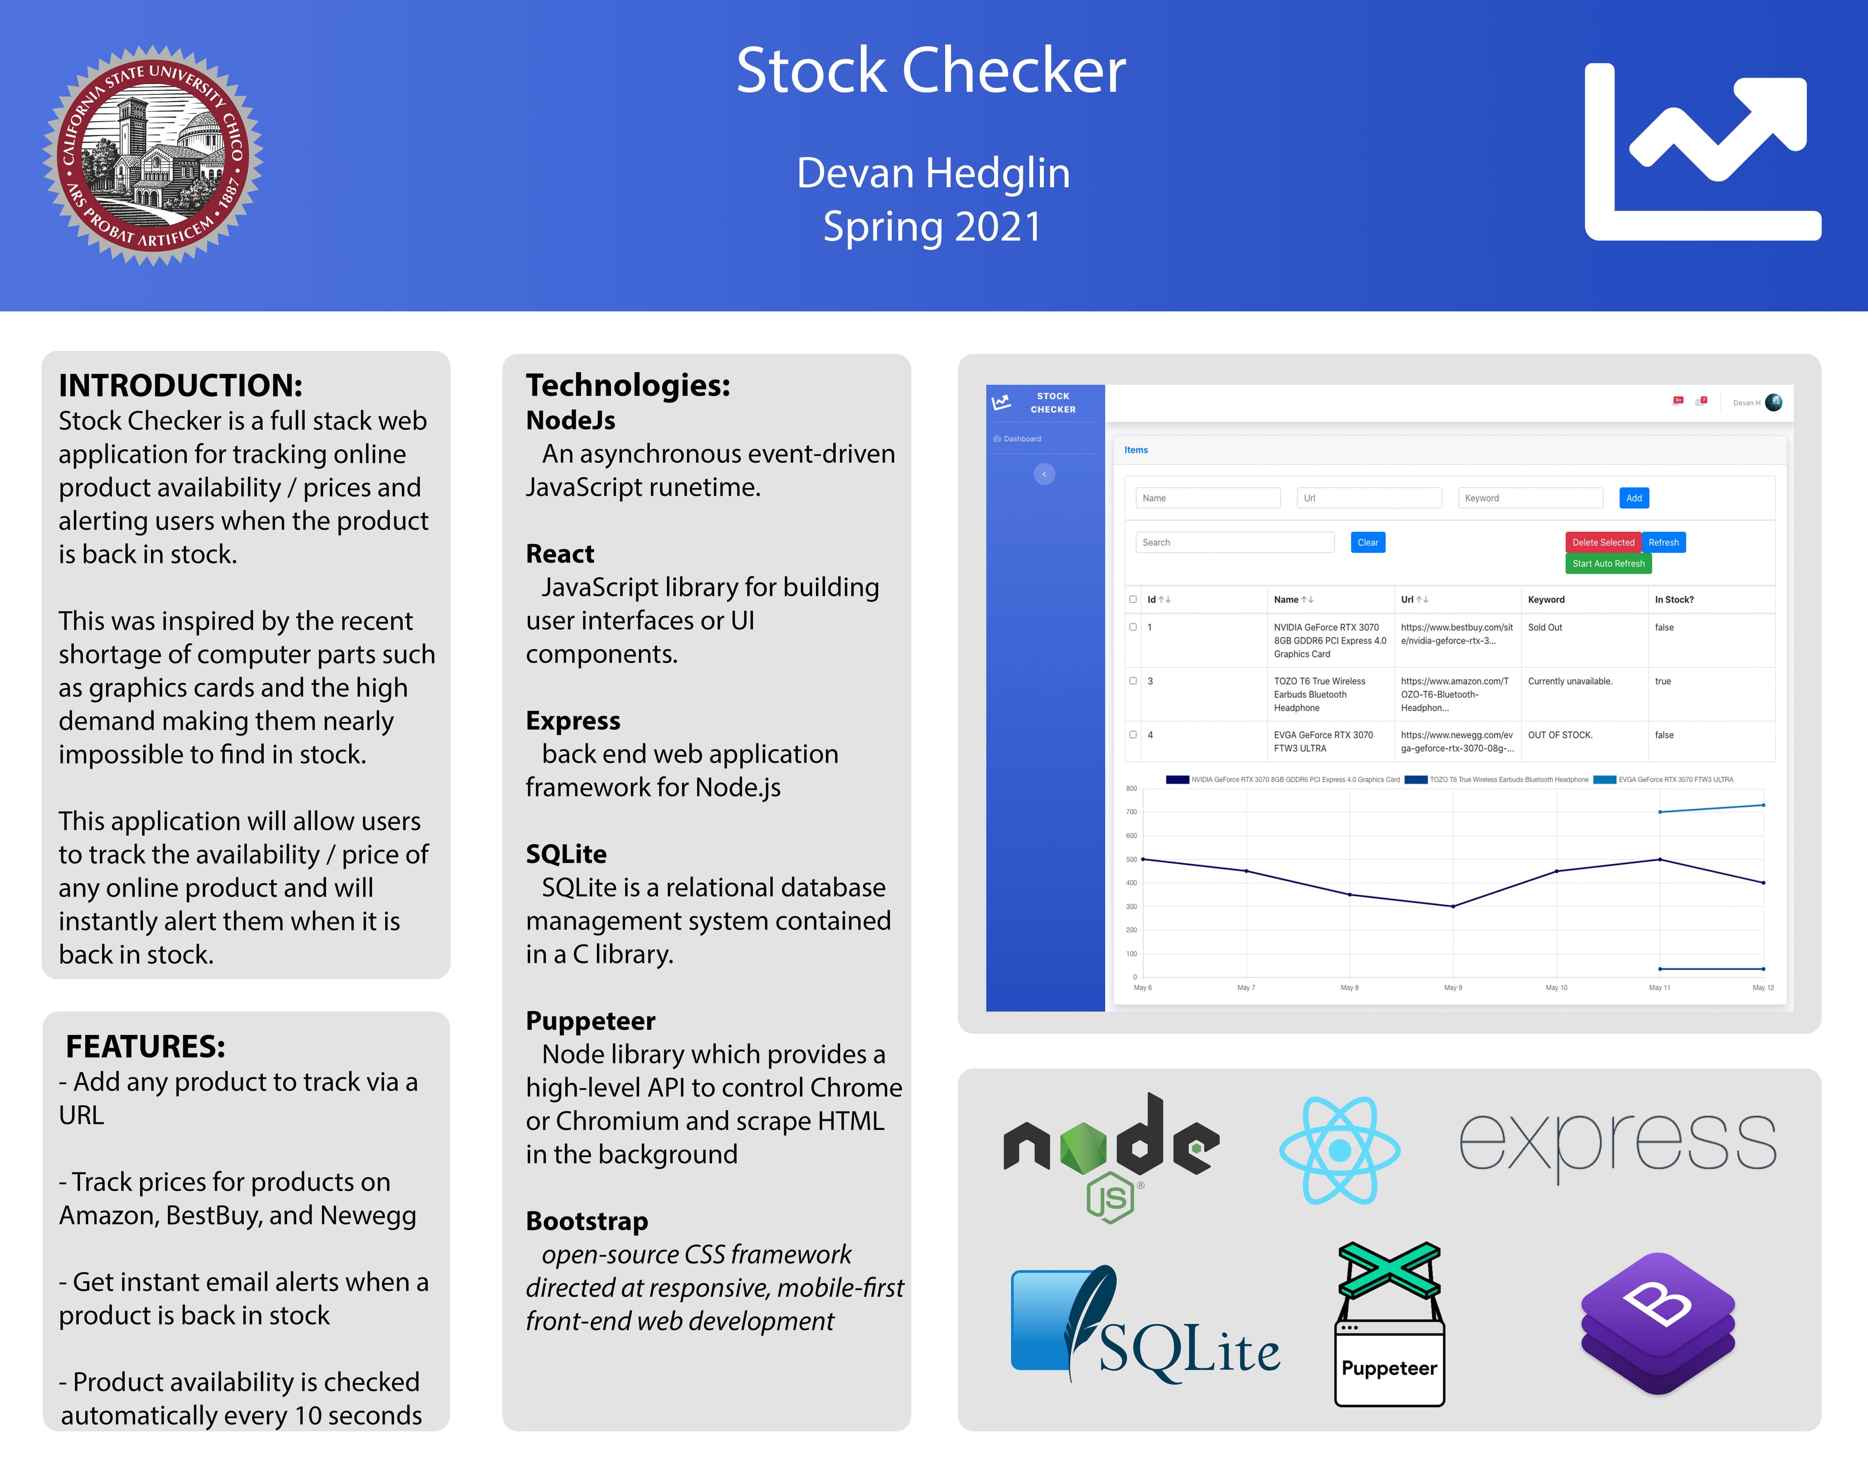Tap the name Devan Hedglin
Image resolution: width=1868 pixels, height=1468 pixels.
pos(933,174)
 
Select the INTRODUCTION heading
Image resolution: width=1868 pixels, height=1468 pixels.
pos(180,385)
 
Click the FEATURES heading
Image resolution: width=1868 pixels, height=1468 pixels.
pos(145,1046)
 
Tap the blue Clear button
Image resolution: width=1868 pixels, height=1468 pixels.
pos(1368,543)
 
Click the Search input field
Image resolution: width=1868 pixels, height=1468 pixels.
pos(1235,543)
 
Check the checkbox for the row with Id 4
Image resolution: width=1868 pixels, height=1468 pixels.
pos(1132,735)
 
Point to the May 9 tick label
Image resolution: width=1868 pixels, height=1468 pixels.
pos(1453,988)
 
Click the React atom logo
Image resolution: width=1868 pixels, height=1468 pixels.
pos(1340,1150)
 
